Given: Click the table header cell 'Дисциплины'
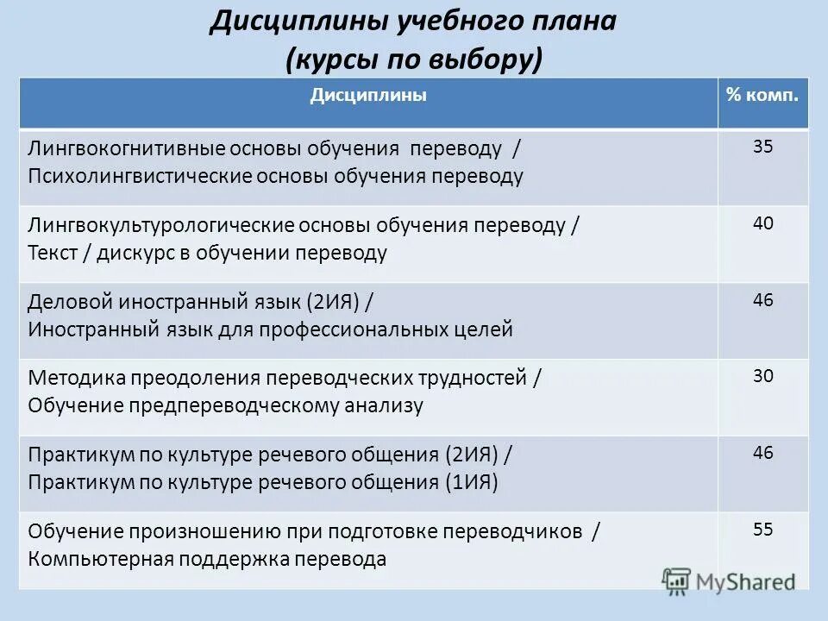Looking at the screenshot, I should point(368,96).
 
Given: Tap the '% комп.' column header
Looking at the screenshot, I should point(762,96).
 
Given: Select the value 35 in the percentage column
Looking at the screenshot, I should point(762,147).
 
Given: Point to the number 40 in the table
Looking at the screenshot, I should point(762,223).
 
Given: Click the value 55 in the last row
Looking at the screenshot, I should point(762,530).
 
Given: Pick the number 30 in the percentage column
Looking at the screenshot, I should point(762,375).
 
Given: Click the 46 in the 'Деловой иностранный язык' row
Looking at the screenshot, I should point(762,300).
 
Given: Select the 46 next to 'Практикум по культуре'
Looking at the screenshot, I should point(762,452).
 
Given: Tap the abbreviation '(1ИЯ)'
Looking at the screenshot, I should point(472,482).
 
